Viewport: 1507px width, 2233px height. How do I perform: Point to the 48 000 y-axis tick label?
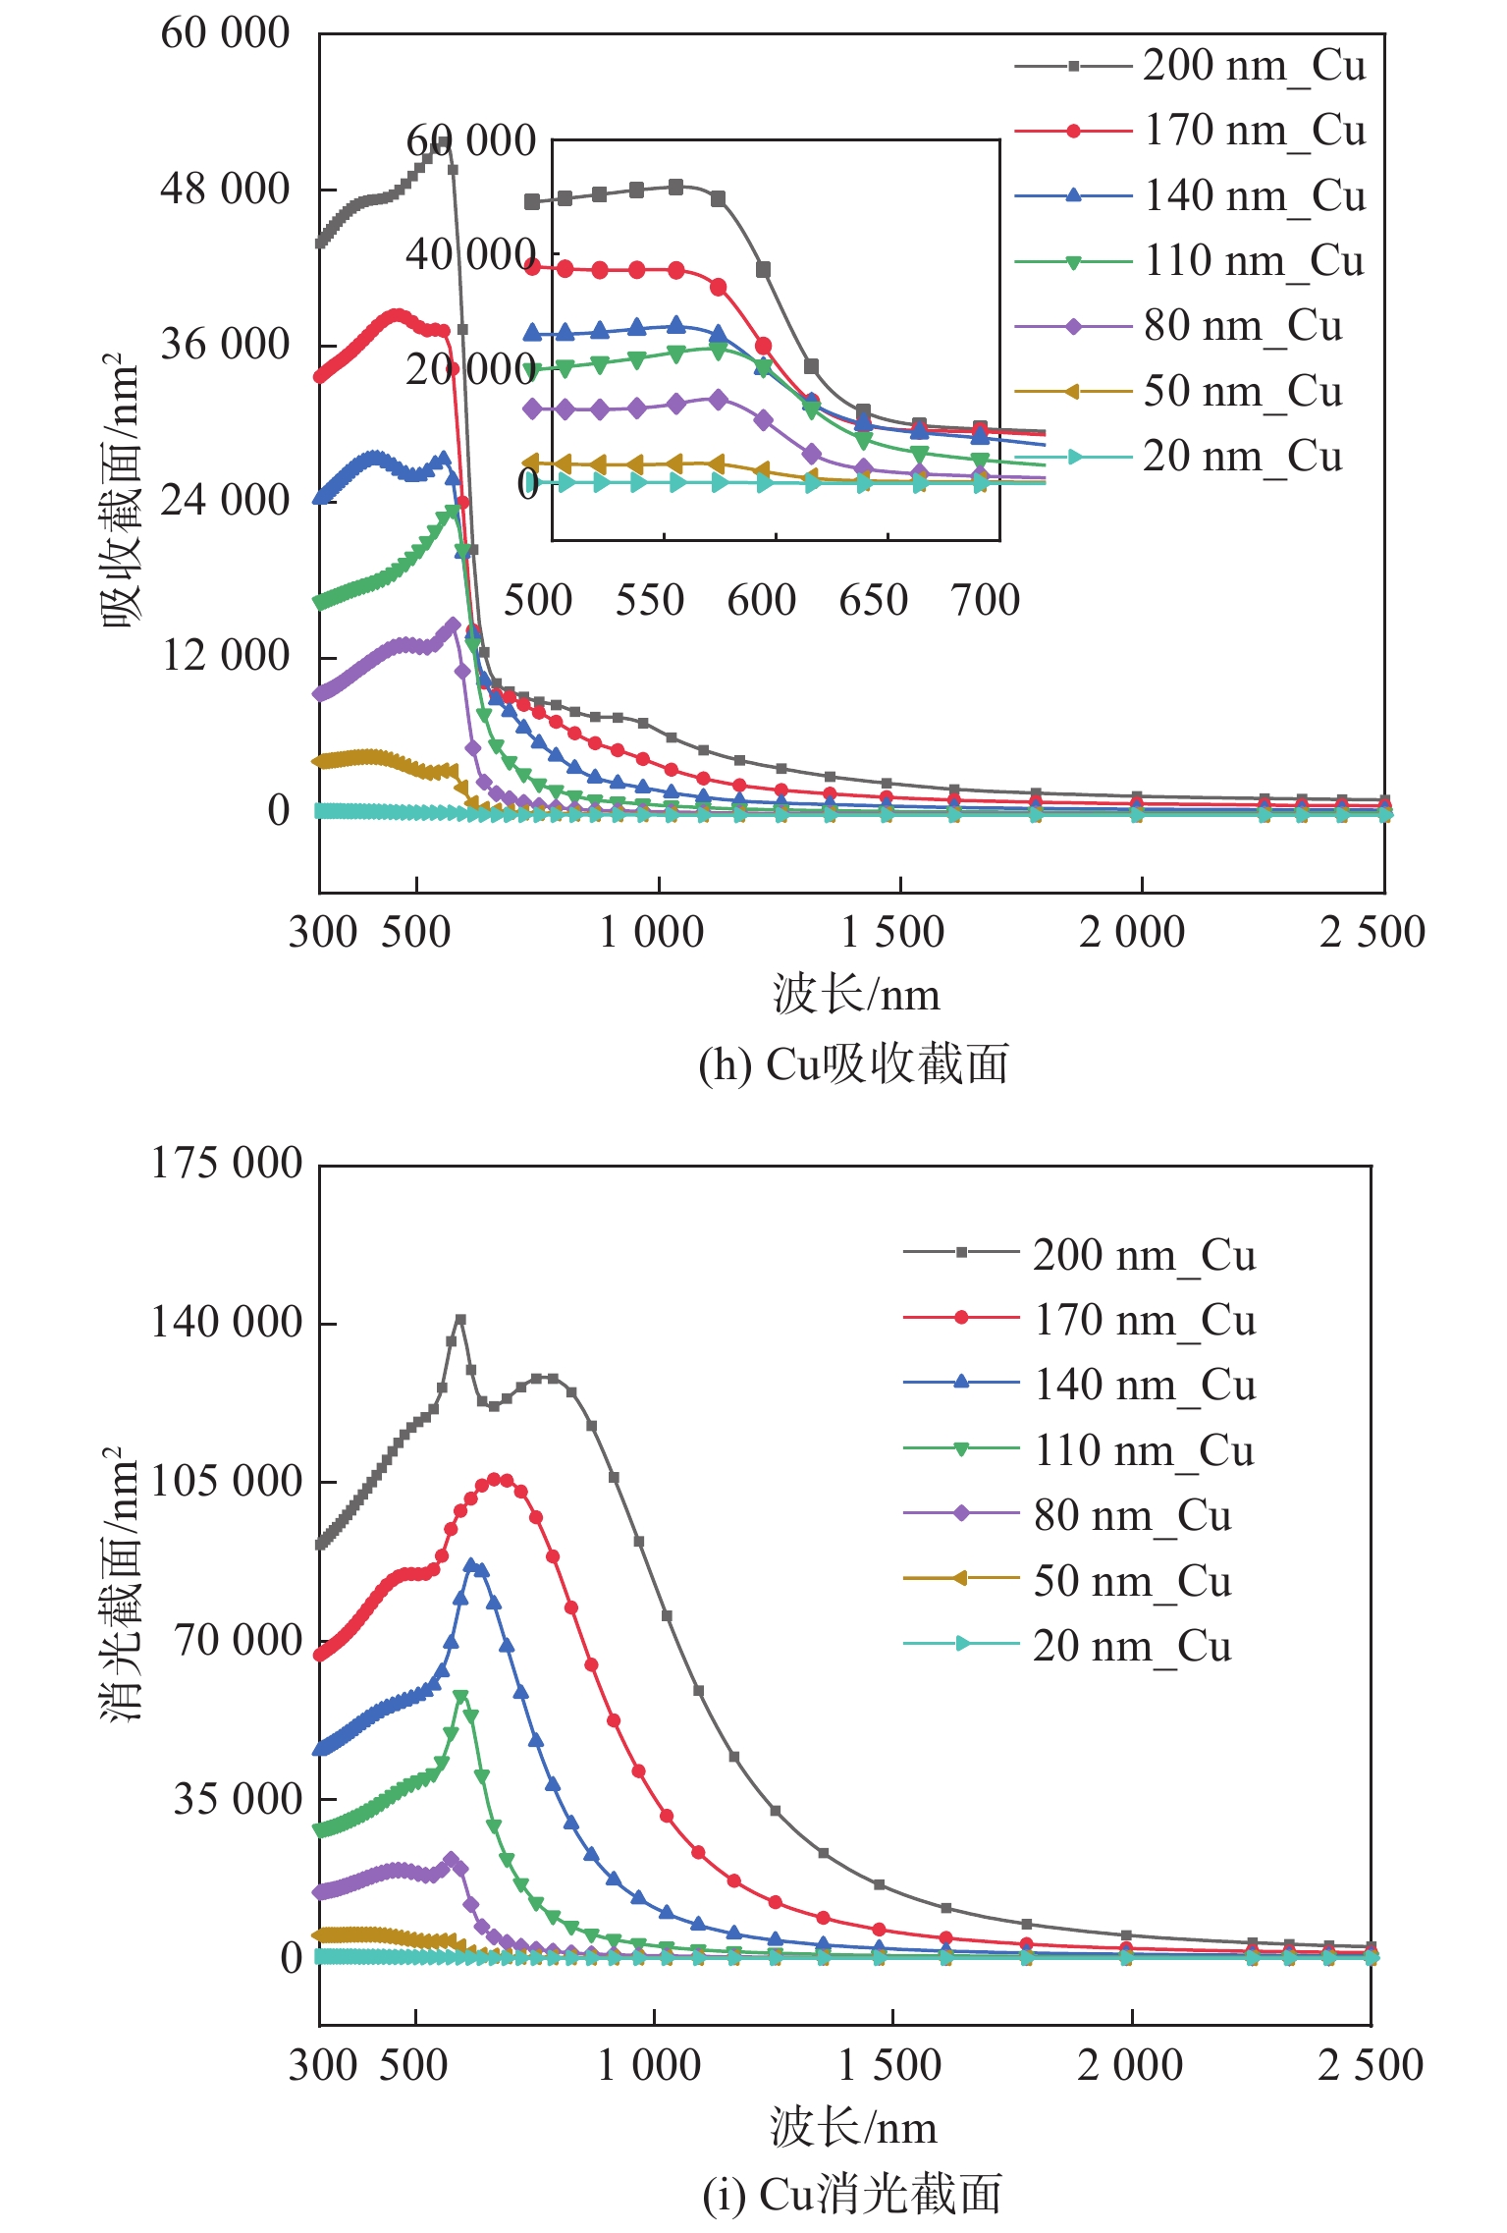(225, 189)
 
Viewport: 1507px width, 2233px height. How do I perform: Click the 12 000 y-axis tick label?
(225, 655)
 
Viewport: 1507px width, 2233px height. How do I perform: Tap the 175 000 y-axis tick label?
(226, 1164)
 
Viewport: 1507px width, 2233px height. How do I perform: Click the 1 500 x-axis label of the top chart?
(892, 932)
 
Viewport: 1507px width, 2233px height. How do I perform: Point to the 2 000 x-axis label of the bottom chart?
(1130, 2064)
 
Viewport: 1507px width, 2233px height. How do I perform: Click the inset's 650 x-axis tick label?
(873, 600)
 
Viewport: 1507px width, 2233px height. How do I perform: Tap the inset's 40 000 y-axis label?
(470, 255)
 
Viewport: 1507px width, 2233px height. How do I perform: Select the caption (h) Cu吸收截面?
(853, 1064)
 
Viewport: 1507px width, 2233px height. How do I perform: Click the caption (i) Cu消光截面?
(852, 2195)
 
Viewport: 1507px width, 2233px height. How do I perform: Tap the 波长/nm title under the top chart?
(855, 995)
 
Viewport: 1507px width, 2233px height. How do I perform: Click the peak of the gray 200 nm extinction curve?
(460, 1321)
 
